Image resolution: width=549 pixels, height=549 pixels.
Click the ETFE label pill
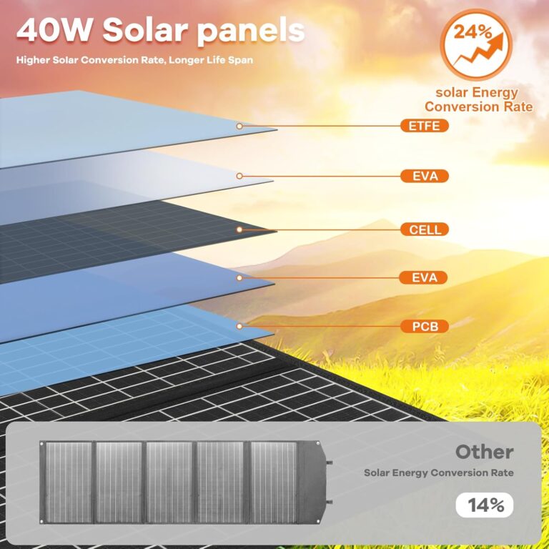425,127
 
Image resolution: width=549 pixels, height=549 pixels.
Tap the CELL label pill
425,229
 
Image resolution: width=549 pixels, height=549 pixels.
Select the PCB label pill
425,327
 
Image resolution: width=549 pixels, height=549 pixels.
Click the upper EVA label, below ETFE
425,176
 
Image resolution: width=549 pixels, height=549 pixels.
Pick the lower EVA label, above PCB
425,277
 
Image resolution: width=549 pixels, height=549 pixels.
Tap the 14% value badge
485,505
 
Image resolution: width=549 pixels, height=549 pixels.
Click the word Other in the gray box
484,452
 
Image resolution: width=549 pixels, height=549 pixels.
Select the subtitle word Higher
36,59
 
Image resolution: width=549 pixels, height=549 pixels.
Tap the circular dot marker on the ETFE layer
239,126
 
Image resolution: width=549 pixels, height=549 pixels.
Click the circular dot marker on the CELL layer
239,229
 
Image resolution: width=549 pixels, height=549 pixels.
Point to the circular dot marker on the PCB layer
239,327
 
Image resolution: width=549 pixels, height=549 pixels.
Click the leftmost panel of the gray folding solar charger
69,471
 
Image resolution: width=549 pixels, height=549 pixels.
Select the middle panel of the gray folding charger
170,471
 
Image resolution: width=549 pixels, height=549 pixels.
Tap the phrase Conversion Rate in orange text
478,107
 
